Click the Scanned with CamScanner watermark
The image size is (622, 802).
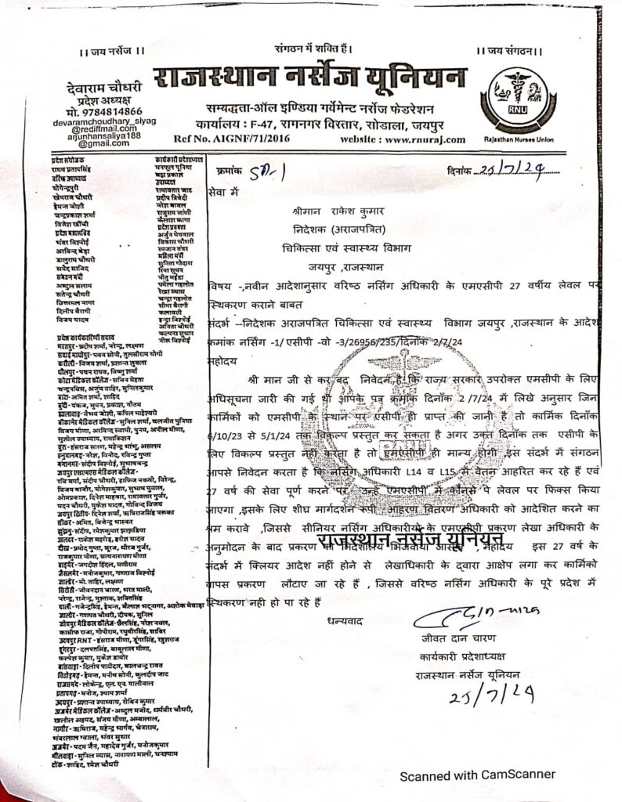tap(478, 775)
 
